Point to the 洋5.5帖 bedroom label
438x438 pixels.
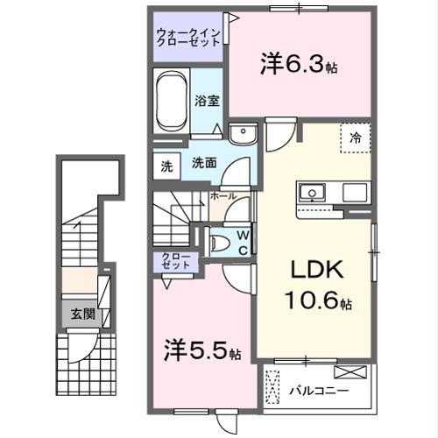pos(201,352)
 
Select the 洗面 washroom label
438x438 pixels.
pos(204,163)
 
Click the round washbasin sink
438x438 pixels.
pos(240,134)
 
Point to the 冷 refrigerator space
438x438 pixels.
pos(356,138)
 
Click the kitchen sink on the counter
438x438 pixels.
pos(312,192)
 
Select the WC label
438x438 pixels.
pos(243,241)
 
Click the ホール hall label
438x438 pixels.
pos(223,196)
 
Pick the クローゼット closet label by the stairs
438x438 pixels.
pos(176,260)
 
